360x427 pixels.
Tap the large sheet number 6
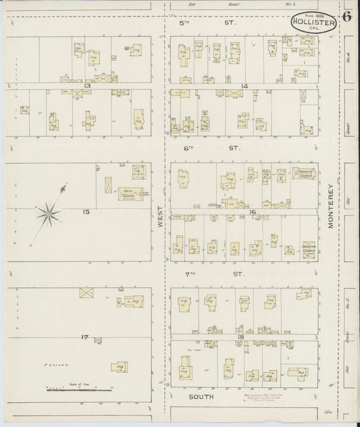(346, 17)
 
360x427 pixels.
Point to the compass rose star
(48, 215)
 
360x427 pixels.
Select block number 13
(87, 86)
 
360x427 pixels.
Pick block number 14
(245, 86)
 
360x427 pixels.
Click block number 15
(86, 211)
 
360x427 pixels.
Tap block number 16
(252, 212)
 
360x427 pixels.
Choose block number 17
(85, 336)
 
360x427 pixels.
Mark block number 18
(240, 336)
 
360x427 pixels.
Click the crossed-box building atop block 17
(86, 293)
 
